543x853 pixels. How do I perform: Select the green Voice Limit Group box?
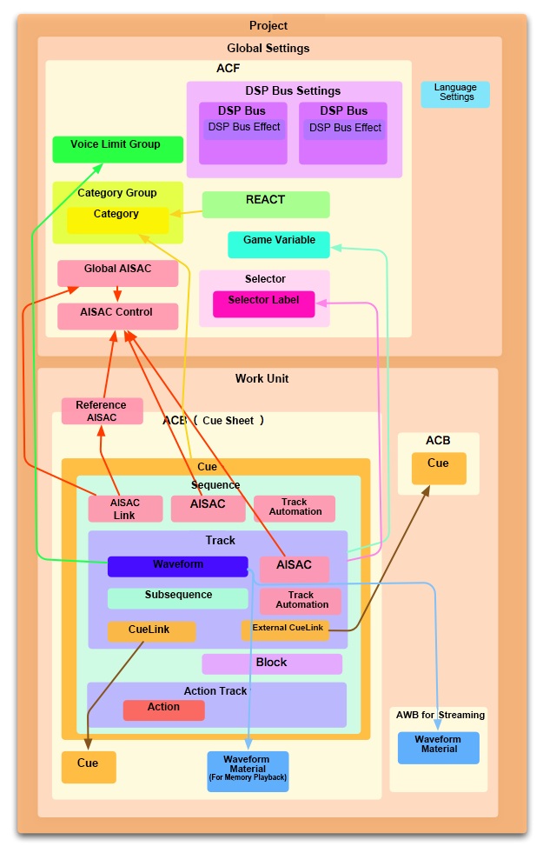click(x=117, y=150)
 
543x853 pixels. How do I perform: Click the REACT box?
click(x=266, y=204)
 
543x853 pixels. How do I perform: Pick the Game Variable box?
click(x=279, y=244)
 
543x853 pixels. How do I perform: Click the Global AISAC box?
click(x=117, y=273)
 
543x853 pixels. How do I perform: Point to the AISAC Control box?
click(x=117, y=317)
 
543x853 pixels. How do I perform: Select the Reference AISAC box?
click(x=102, y=411)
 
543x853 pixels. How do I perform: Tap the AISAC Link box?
click(x=125, y=509)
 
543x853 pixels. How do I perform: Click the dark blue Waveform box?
click(x=177, y=566)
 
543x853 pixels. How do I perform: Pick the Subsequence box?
click(x=177, y=598)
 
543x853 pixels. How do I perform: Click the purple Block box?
click(x=272, y=663)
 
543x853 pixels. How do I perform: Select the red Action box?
click(x=163, y=710)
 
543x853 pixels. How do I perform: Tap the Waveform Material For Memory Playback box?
click(x=247, y=770)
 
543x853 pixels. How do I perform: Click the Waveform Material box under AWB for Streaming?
click(x=438, y=748)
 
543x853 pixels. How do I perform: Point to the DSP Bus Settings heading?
click(x=294, y=91)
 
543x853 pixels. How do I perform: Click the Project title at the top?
click(x=268, y=26)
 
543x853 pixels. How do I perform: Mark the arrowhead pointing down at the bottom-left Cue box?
click(x=87, y=743)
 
